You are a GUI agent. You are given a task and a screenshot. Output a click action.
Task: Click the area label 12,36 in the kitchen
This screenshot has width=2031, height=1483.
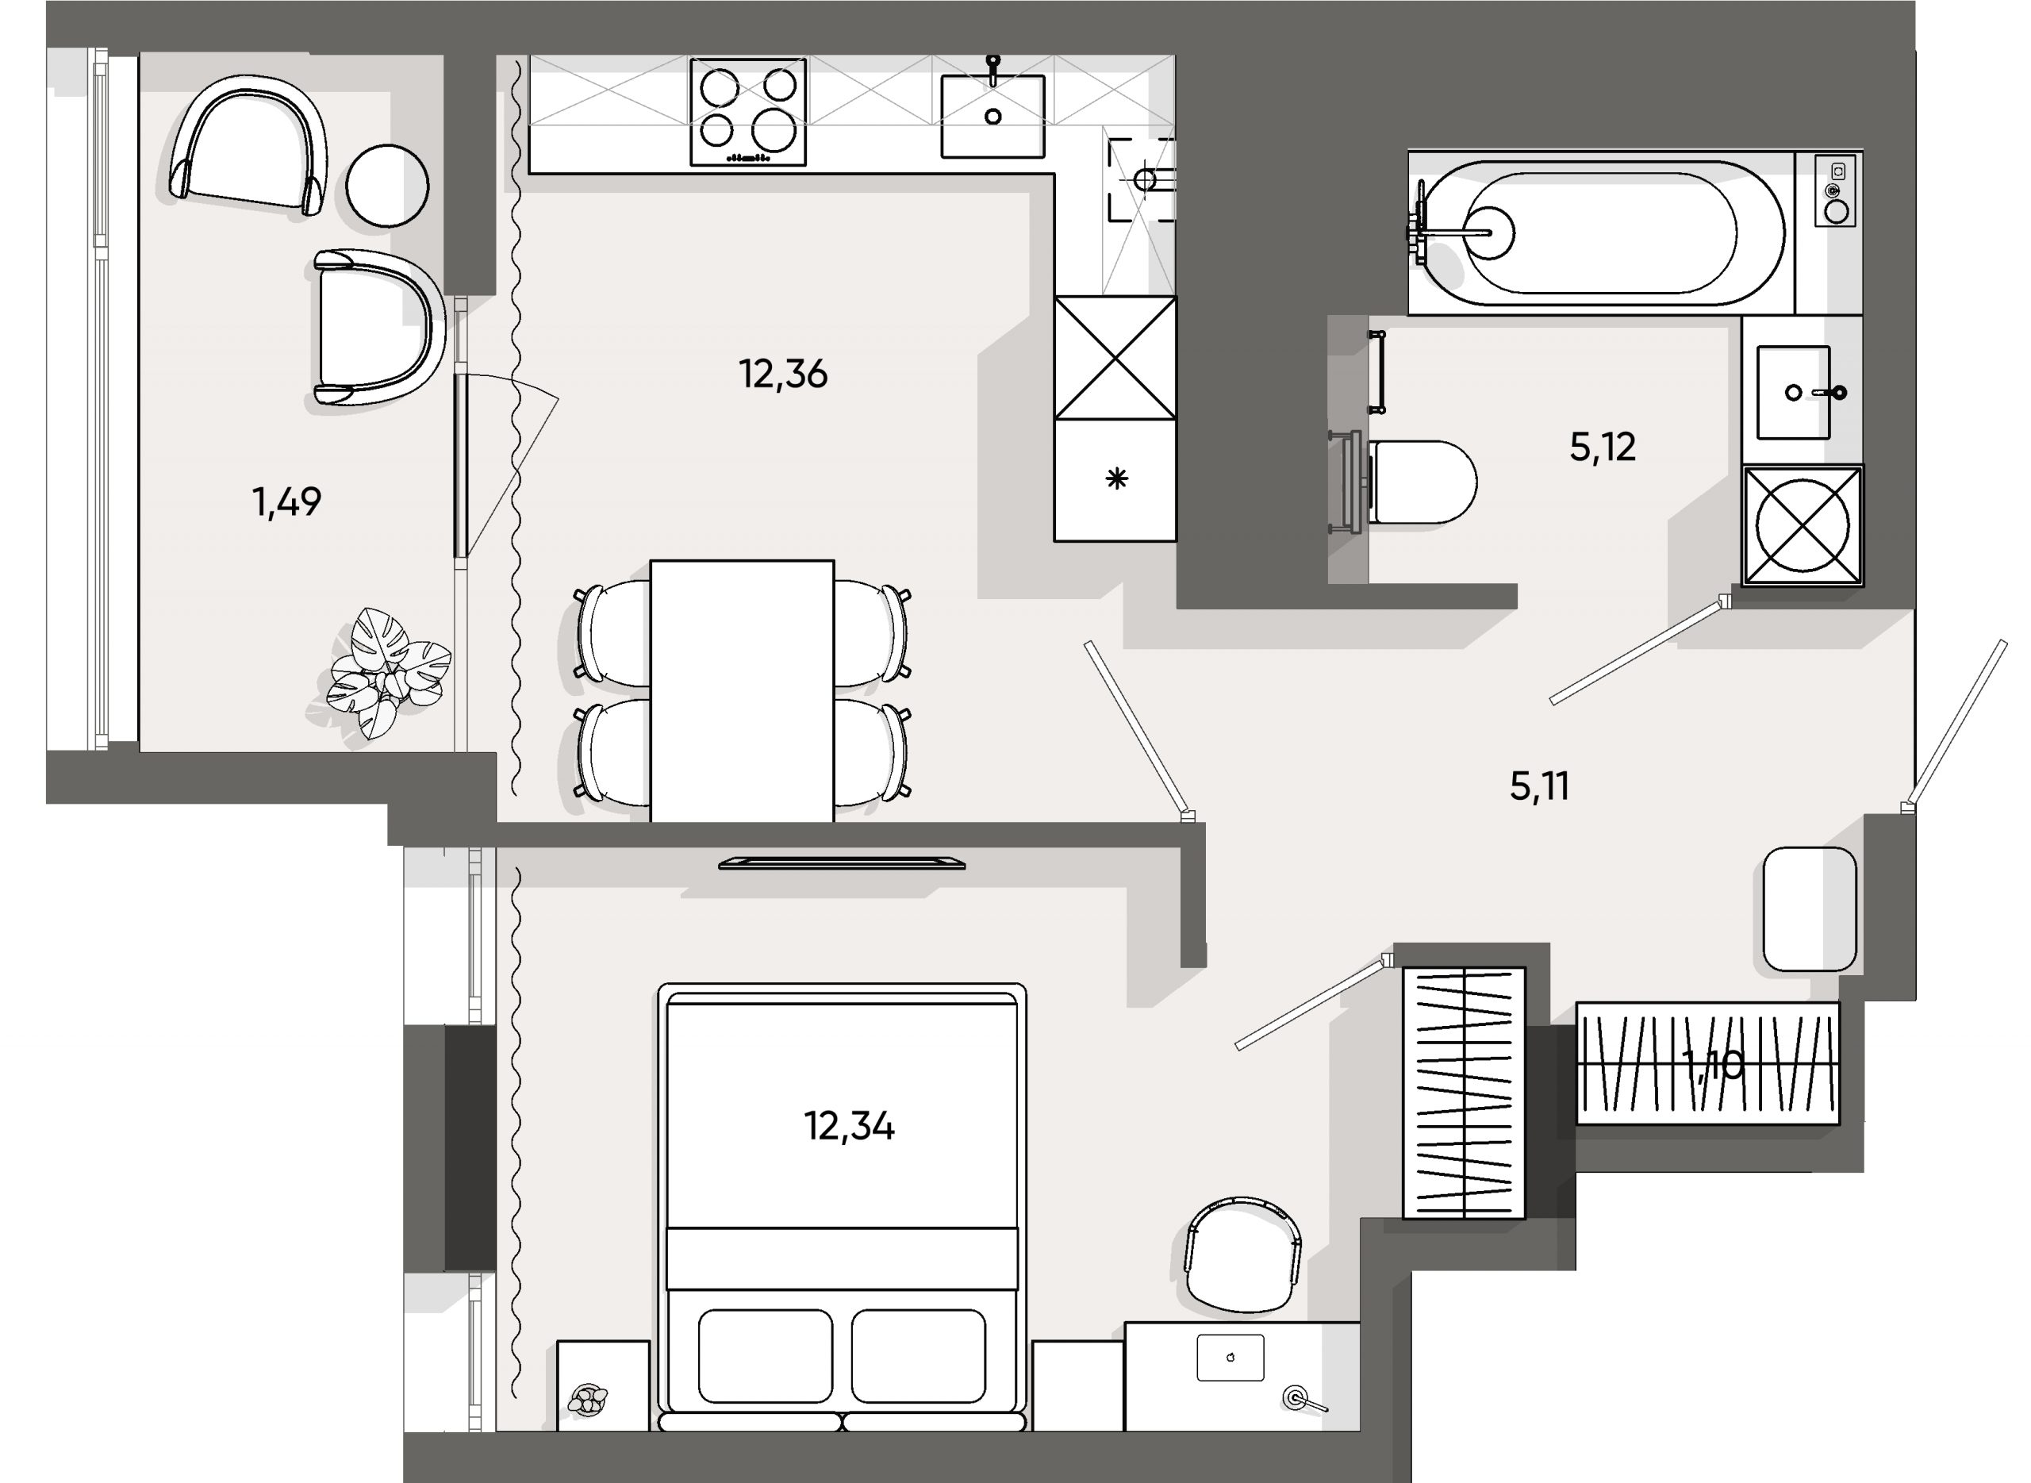[782, 375]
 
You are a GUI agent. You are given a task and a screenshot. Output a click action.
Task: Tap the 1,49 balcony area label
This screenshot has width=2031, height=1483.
[286, 501]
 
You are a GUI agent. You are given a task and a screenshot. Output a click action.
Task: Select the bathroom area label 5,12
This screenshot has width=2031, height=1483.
[1602, 447]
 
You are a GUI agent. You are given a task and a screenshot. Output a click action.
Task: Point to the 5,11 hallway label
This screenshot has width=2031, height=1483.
[1539, 786]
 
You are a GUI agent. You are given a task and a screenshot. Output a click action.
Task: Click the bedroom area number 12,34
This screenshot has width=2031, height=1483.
[848, 1126]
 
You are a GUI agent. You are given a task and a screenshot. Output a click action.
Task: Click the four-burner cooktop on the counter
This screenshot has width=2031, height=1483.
[747, 111]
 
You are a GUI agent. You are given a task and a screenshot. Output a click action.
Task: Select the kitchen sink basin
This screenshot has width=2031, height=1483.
[992, 117]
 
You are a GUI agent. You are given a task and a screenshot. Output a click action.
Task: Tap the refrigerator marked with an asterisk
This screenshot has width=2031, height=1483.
[1115, 480]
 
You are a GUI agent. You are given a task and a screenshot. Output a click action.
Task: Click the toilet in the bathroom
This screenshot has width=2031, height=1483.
[1422, 482]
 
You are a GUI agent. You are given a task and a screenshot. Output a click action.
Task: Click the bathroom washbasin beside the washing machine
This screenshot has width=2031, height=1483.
[1793, 392]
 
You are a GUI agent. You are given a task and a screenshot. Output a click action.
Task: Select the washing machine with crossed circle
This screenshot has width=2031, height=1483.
[1803, 525]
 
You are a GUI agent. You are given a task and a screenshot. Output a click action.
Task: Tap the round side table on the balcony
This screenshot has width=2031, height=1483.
[387, 186]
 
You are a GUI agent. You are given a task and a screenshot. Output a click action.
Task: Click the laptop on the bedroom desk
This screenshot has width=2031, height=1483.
[1230, 1358]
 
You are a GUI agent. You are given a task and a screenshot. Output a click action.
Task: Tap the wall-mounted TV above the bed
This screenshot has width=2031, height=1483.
[841, 863]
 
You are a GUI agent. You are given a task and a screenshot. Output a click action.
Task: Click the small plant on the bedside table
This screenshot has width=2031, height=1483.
[588, 1400]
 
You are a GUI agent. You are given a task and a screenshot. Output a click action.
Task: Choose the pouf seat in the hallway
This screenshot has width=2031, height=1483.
[1808, 909]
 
